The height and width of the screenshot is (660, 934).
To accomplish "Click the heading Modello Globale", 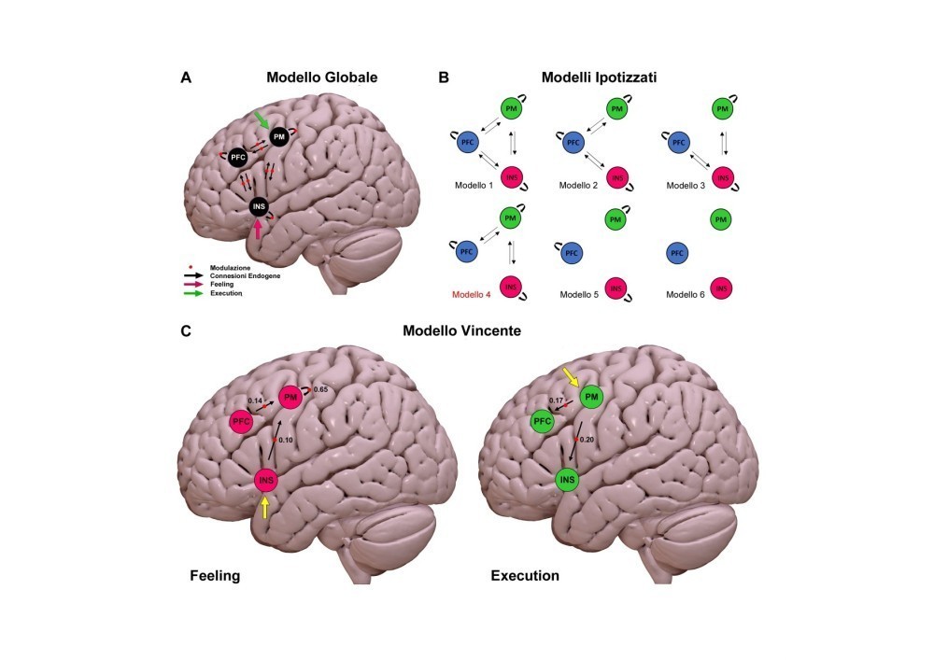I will point(321,77).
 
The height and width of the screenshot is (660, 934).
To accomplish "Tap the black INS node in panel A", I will point(261,206).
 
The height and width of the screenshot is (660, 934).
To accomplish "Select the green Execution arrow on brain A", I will point(264,120).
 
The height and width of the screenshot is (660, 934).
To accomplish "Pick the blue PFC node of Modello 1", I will point(469,143).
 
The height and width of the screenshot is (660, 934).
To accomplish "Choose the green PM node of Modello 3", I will point(721,109).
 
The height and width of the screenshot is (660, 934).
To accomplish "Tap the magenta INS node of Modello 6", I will point(721,288).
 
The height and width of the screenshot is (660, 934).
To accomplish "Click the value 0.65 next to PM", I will point(320,388).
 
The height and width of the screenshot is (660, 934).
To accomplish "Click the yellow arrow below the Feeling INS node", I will point(265,507).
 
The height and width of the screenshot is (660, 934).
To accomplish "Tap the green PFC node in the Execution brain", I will point(542,422).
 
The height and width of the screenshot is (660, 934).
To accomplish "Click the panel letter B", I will point(444,77).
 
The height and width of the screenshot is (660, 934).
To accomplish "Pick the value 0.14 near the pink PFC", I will point(255,400).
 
